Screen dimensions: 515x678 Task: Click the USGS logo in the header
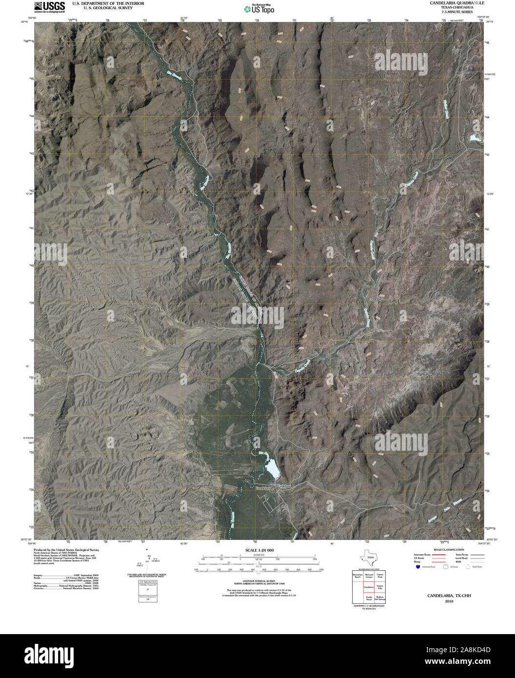46,6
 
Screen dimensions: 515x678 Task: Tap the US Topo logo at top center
259,8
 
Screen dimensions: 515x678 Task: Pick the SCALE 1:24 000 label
257,550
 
